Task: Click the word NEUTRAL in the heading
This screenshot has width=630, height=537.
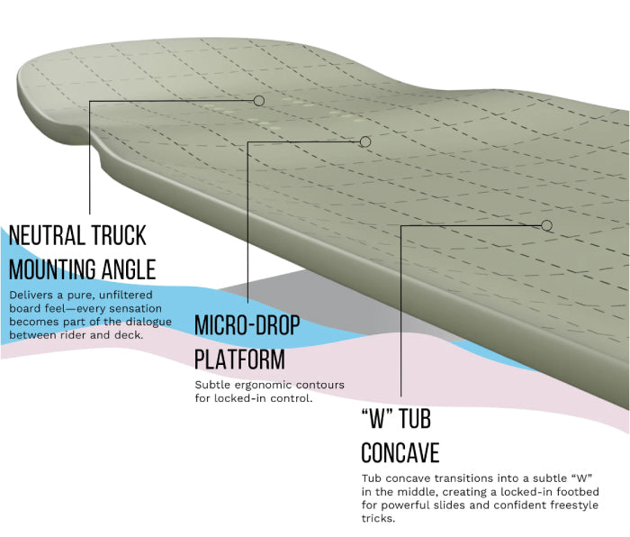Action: coord(47,237)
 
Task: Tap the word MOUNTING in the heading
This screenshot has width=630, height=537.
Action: coord(58,268)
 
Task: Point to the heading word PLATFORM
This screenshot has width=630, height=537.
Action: coord(239,359)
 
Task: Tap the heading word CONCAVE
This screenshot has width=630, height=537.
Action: coord(400,451)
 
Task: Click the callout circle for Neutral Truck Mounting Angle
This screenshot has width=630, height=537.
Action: coord(258,101)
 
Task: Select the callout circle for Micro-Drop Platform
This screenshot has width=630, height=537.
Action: coord(365,141)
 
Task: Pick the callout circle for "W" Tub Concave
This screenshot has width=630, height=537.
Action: coord(546,225)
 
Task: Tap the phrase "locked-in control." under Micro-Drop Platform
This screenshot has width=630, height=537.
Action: coord(254,397)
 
